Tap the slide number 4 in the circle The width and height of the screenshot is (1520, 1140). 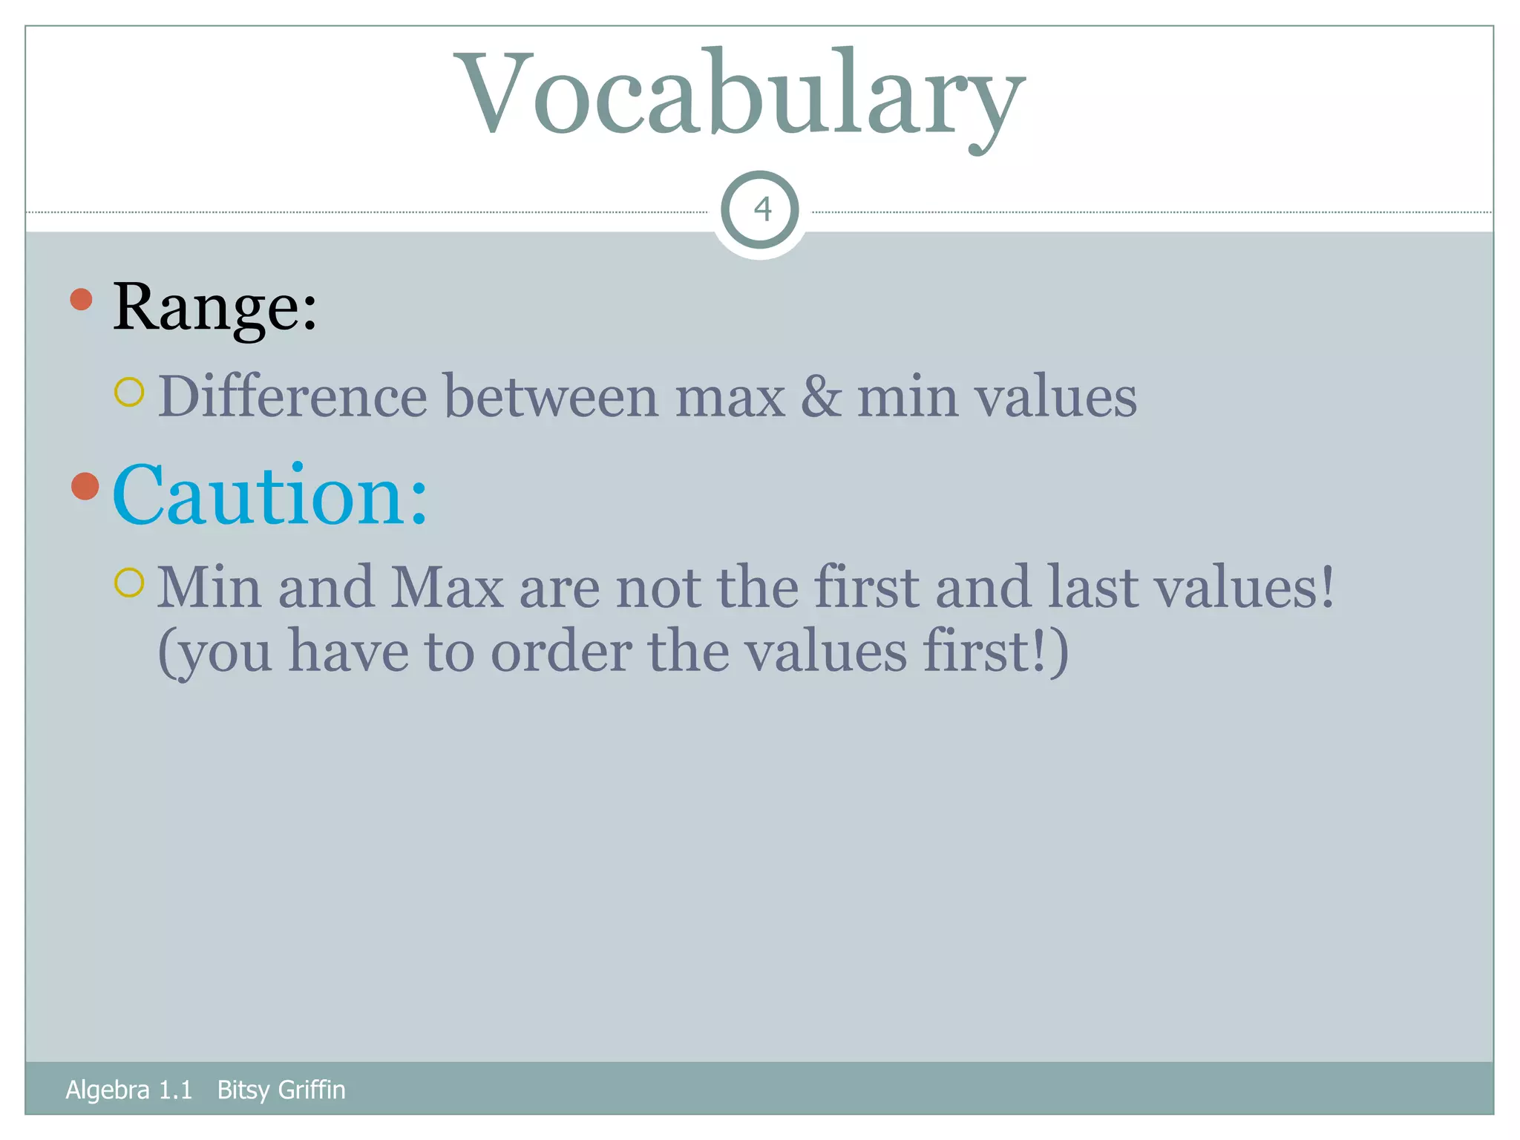[x=761, y=210]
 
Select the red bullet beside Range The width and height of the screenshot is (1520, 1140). [x=81, y=300]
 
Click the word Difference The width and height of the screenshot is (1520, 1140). [x=292, y=397]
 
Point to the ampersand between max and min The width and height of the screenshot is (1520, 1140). [x=821, y=397]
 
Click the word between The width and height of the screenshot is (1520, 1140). [x=551, y=397]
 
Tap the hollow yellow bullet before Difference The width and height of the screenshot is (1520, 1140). [x=129, y=392]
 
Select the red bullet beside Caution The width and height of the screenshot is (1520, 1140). [x=85, y=486]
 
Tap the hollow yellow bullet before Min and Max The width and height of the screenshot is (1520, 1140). [x=129, y=583]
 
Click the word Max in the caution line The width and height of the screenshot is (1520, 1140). [x=447, y=588]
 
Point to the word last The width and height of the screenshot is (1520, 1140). [x=1092, y=588]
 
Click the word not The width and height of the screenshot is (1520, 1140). [x=658, y=588]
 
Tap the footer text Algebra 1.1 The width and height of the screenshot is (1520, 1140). [x=128, y=1090]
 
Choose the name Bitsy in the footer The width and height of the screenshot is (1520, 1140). [x=243, y=1090]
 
